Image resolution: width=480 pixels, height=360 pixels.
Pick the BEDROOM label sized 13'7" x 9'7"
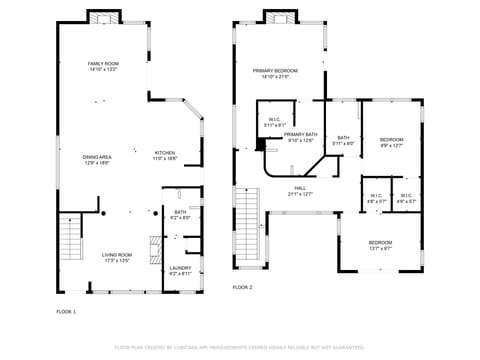pyautogui.click(x=380, y=243)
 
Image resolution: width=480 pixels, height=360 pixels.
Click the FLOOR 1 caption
pyautogui.click(x=66, y=312)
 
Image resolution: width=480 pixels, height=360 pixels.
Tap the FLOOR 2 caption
pyautogui.click(x=243, y=287)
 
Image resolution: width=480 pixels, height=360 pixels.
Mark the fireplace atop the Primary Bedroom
pyautogui.click(x=281, y=16)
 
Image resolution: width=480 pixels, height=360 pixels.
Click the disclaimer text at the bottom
pyautogui.click(x=240, y=347)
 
